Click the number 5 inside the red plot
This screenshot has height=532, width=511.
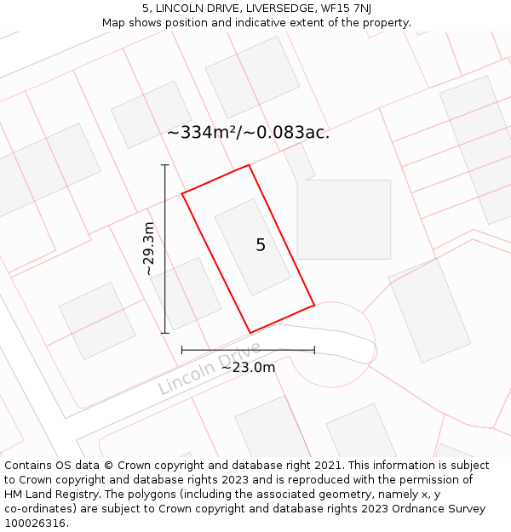(261, 245)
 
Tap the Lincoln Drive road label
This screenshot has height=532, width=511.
(210, 369)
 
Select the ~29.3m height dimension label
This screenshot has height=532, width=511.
(149, 248)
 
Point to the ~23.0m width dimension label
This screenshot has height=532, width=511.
(248, 367)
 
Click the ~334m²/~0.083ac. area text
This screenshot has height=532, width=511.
(248, 133)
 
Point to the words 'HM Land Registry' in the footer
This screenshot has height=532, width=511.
(46, 495)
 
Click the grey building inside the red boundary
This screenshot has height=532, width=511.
(252, 247)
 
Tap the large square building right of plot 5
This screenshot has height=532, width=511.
(344, 219)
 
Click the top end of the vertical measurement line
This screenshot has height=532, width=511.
(165, 165)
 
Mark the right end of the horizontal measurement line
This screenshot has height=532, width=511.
(314, 350)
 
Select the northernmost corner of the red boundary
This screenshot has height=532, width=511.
(249, 165)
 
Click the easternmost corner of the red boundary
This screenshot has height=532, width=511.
(314, 304)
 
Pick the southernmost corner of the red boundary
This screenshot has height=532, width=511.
(250, 333)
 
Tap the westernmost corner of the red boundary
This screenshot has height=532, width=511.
(182, 194)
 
